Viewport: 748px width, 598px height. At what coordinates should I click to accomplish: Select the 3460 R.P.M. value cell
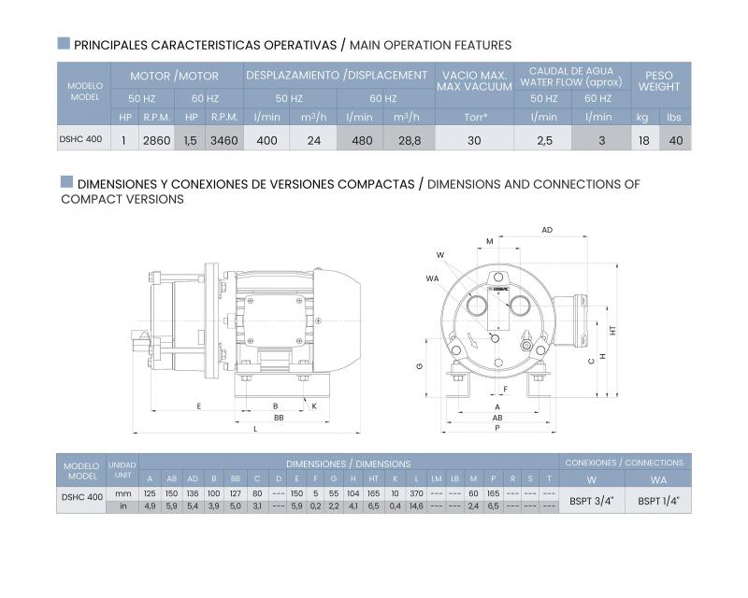[224, 139]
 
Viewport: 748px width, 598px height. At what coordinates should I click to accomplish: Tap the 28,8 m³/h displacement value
[410, 139]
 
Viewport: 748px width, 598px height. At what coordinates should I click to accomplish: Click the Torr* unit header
[475, 117]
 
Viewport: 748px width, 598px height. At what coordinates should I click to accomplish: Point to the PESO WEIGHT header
[659, 80]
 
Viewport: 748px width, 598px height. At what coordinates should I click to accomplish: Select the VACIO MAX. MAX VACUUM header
[475, 80]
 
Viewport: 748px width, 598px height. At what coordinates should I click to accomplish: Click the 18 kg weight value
[642, 139]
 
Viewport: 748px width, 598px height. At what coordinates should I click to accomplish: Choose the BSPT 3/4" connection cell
[591, 500]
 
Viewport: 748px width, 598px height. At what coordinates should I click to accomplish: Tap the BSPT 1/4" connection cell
[658, 500]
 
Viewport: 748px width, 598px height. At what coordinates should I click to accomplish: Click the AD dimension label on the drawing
[547, 229]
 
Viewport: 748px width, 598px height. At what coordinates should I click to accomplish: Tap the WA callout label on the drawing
[432, 278]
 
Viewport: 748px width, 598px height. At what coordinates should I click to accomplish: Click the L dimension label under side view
[255, 428]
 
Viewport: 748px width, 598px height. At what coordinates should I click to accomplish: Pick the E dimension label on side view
[199, 406]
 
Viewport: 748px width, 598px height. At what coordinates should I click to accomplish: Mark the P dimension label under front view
[496, 428]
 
